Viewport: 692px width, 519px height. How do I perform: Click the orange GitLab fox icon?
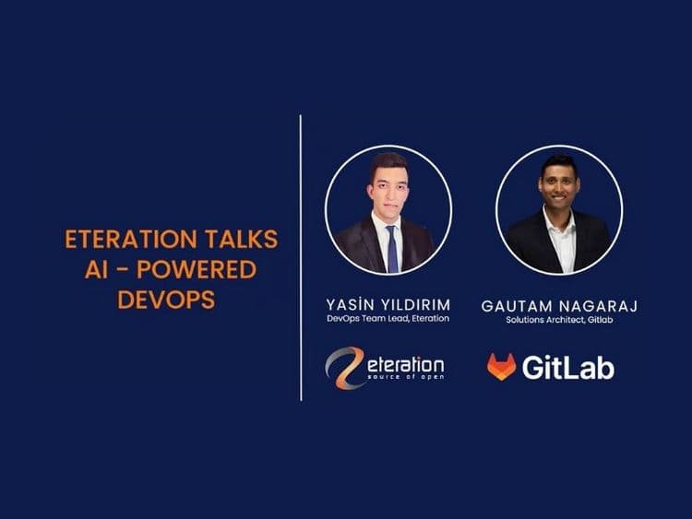tap(501, 367)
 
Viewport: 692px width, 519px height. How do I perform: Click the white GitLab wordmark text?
tap(567, 368)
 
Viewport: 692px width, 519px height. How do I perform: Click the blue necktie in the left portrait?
tap(392, 248)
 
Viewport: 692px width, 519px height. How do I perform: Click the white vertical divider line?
tap(302, 258)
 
